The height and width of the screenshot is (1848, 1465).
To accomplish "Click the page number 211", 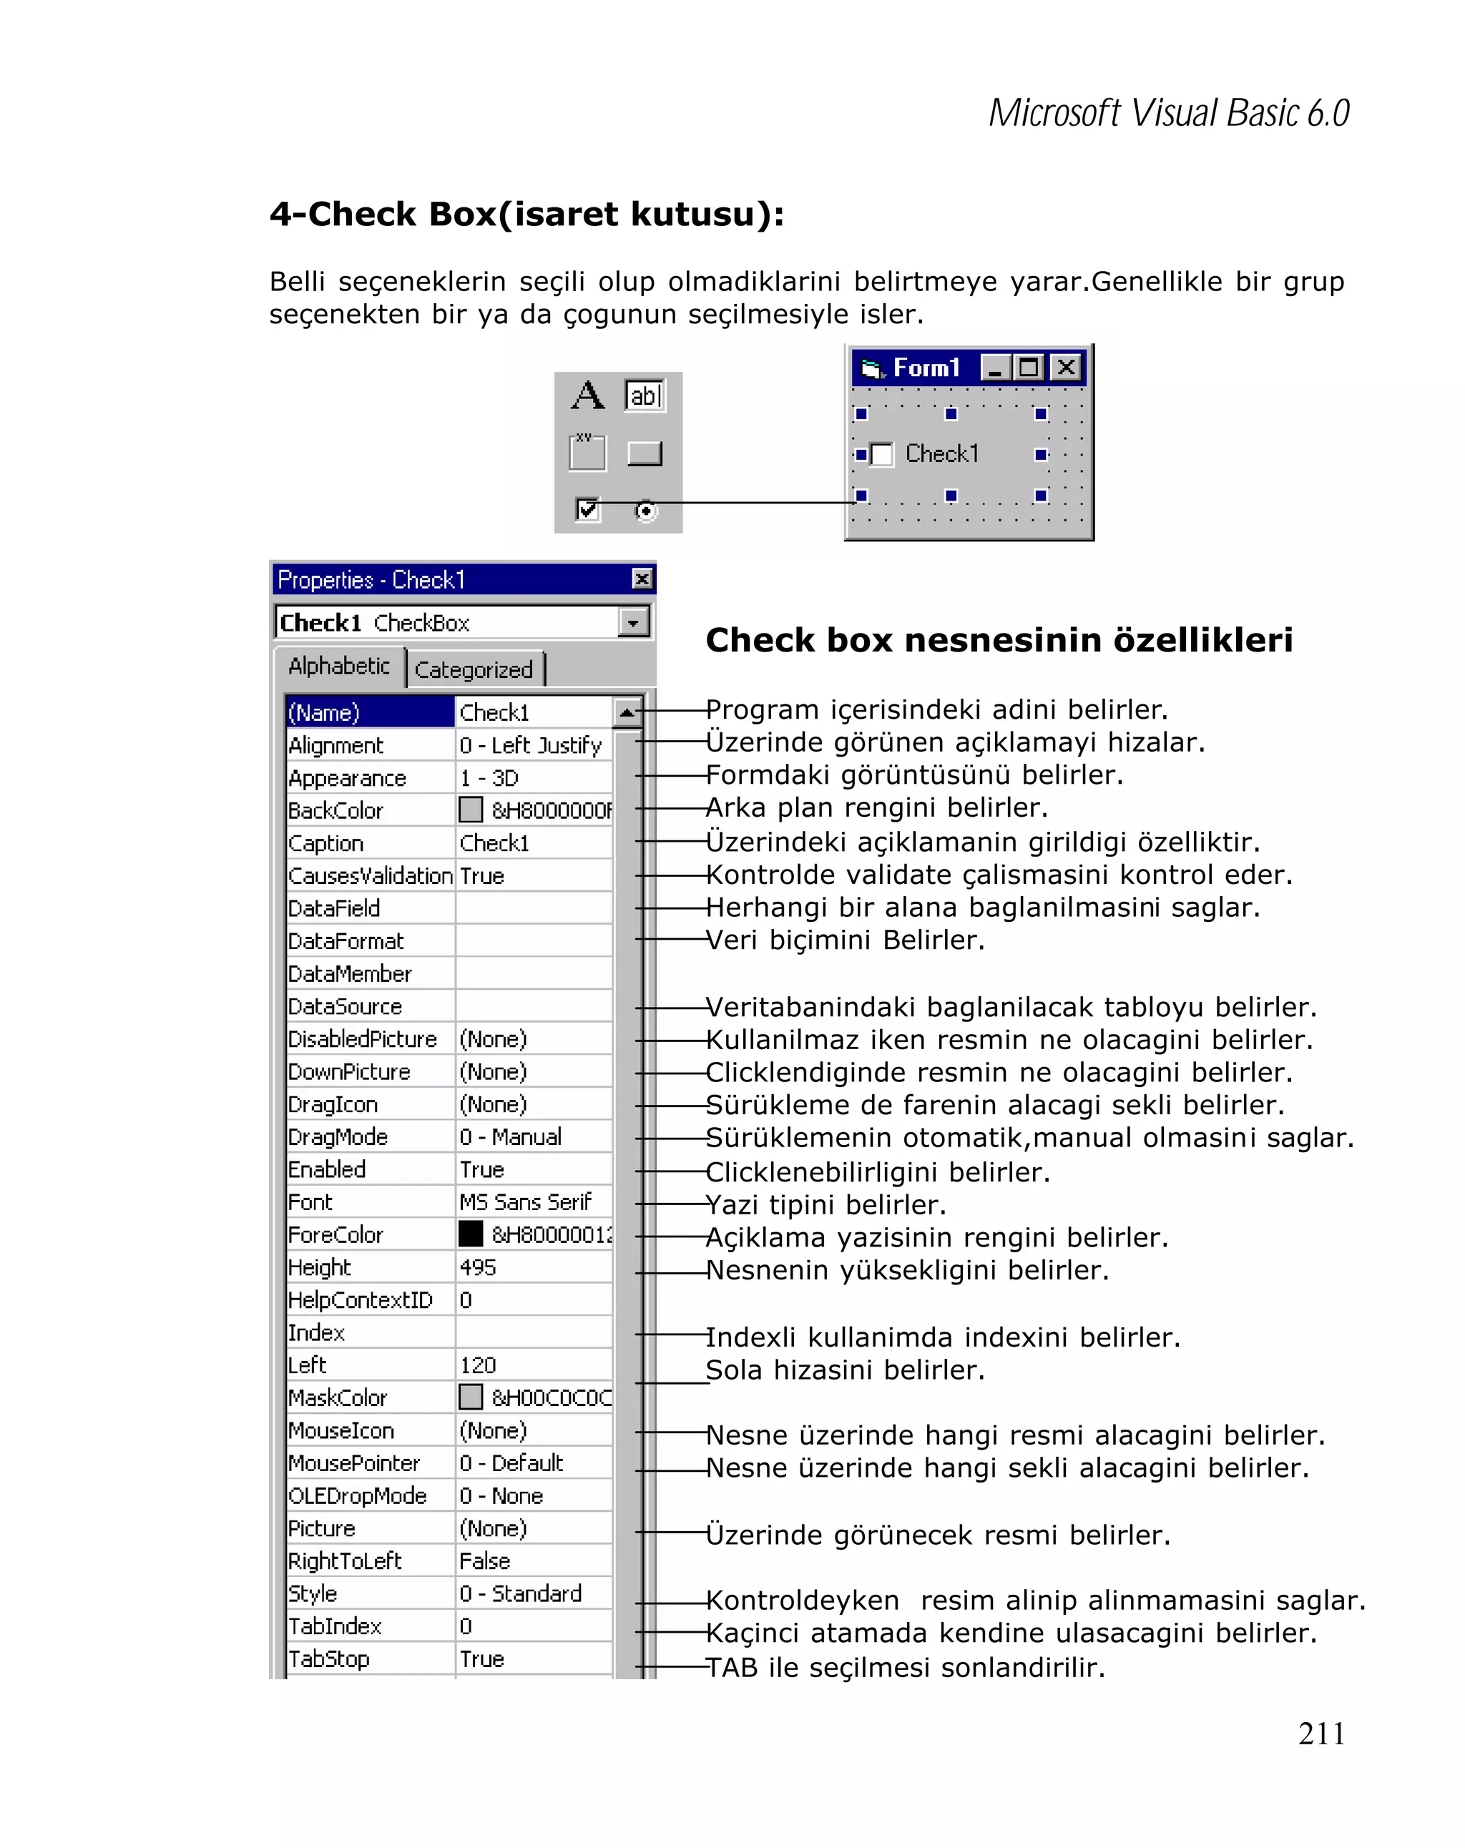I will coord(1321,1733).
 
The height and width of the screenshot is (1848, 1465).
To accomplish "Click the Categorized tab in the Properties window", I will coord(473,669).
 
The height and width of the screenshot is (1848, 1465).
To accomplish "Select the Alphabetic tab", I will coord(338,666).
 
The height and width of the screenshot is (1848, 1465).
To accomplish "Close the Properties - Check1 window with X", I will coord(641,579).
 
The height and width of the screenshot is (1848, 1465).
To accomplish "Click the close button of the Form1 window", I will coord(1066,368).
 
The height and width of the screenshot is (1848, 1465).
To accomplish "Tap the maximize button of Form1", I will coord(1028,368).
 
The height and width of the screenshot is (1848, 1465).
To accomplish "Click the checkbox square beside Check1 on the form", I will coord(881,454).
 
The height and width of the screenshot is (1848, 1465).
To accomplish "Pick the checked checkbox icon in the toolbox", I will coord(587,510).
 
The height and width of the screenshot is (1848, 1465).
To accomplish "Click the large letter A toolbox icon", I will coord(587,396).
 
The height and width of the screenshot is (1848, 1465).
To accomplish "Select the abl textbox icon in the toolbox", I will coord(645,396).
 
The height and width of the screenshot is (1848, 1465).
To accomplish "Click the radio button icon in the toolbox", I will coord(645,511).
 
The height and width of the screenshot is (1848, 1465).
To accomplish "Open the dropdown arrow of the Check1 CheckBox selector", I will coord(632,623).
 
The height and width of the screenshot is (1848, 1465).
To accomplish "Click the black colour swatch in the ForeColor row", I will coord(471,1234).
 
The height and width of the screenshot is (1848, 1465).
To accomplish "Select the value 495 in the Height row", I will coord(477,1267).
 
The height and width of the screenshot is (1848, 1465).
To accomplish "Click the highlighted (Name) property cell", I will coord(369,712).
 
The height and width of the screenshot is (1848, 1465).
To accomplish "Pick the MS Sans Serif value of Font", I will coord(524,1201).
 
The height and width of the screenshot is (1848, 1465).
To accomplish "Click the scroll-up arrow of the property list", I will coord(627,712).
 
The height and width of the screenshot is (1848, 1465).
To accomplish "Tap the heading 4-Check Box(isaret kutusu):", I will coord(526,215).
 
